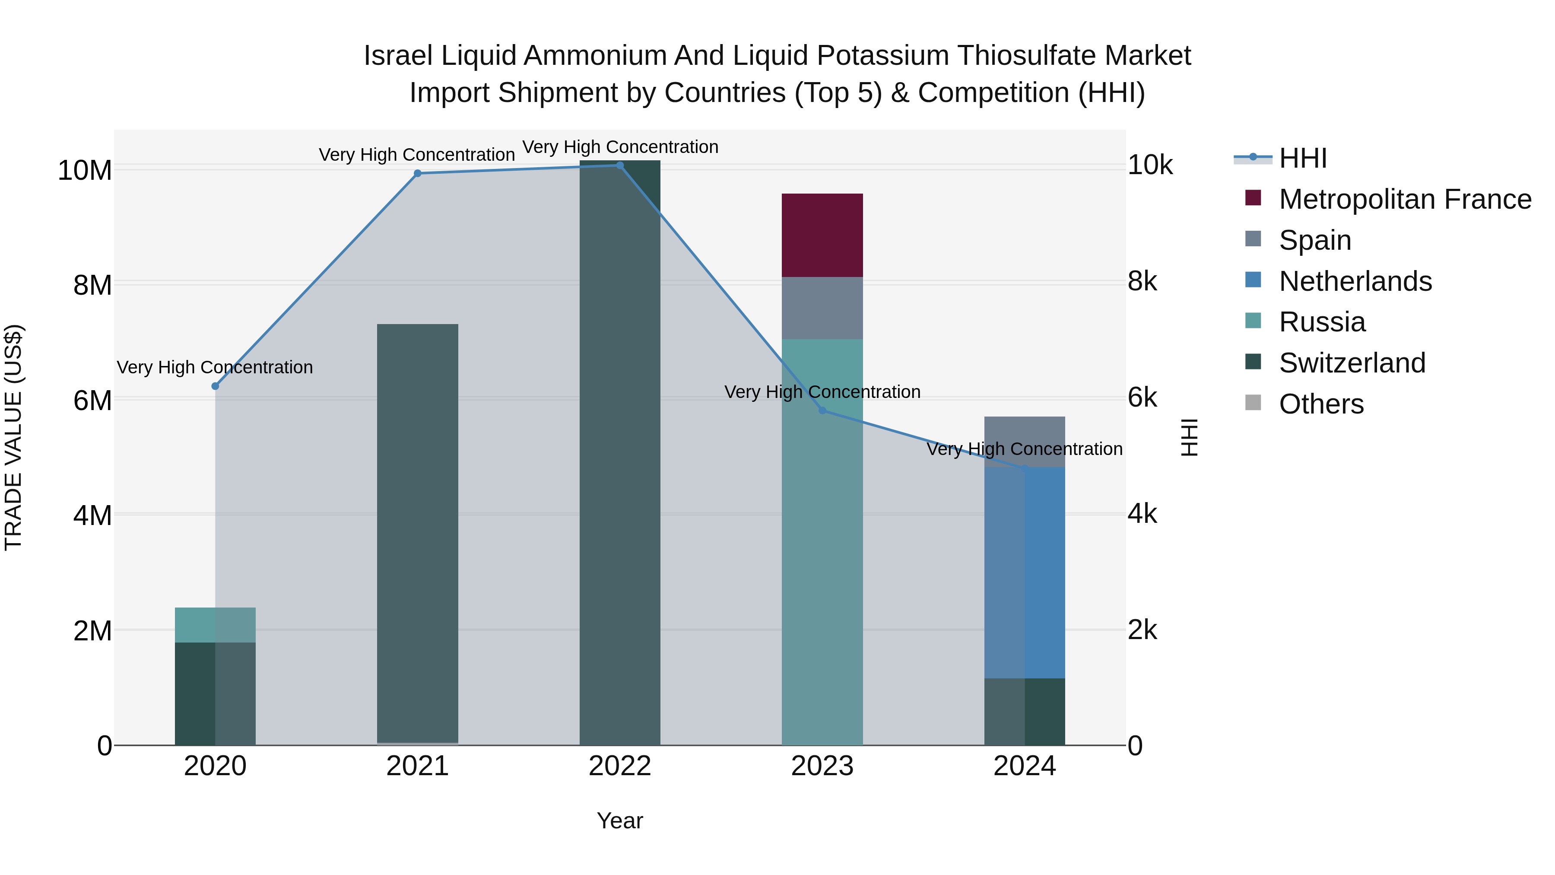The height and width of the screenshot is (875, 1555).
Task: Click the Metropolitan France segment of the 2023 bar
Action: click(822, 235)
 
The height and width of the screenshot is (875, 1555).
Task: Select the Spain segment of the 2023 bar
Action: click(822, 308)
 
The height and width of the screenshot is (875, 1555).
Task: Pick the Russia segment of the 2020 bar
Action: click(215, 624)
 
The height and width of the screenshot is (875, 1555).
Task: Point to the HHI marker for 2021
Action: click(417, 173)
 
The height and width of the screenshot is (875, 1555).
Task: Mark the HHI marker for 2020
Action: click(215, 386)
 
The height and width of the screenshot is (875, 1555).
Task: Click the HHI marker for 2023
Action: click(822, 410)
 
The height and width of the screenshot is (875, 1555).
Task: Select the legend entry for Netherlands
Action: click(1355, 281)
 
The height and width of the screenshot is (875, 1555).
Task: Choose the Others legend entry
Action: click(1321, 404)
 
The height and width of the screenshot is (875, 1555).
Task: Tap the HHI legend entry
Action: click(1303, 158)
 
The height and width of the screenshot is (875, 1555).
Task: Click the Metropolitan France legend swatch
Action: click(1253, 198)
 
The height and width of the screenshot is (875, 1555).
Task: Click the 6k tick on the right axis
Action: click(1142, 398)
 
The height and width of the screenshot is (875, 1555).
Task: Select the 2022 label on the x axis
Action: click(619, 766)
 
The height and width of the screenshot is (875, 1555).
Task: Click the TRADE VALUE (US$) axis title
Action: click(13, 437)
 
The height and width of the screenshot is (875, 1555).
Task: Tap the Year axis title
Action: click(619, 821)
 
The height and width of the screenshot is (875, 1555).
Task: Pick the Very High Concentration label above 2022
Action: click(619, 147)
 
